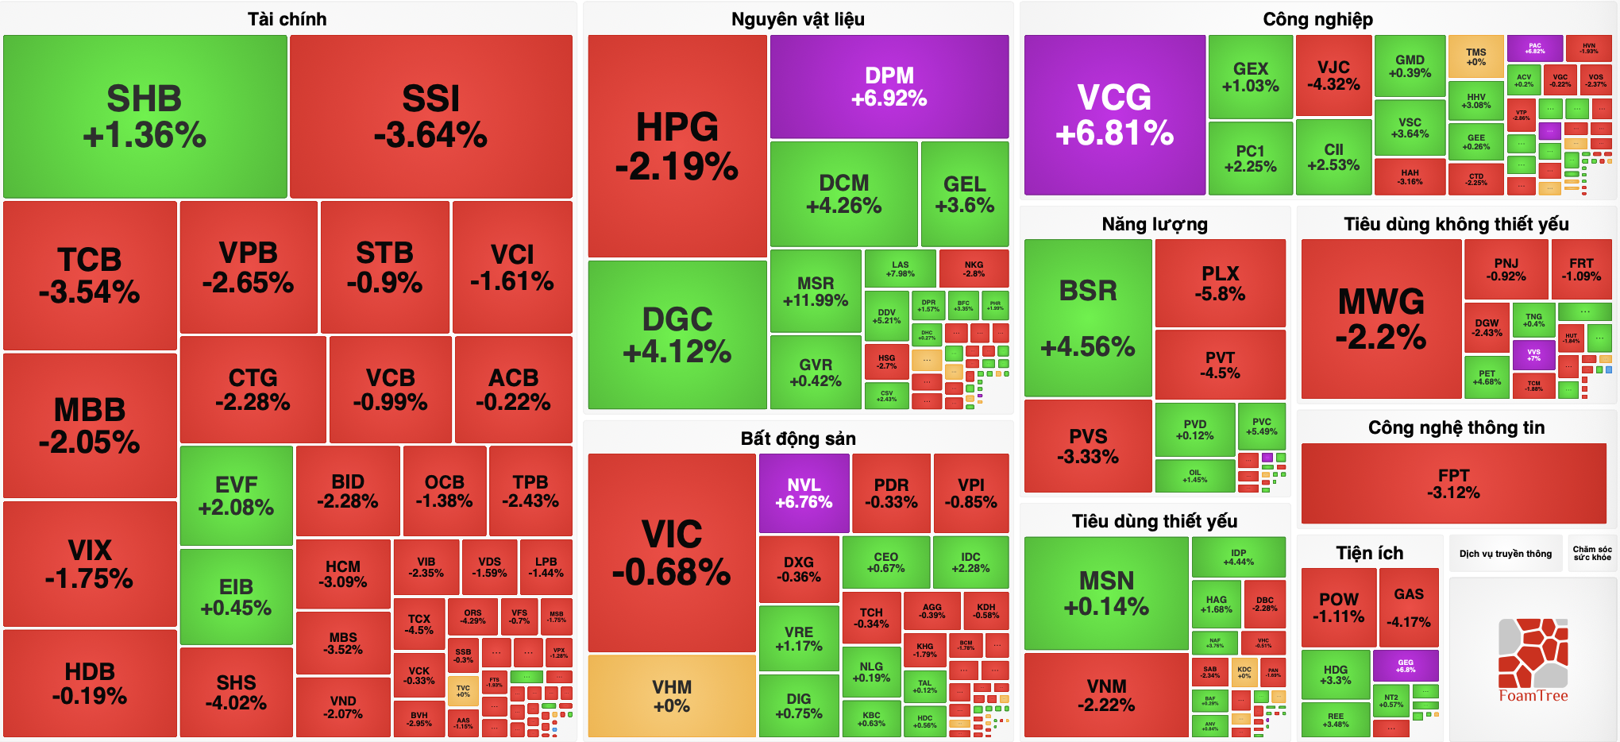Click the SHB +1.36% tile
pos(145,116)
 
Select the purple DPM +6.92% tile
pos(889,87)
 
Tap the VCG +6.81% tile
pos(1114,115)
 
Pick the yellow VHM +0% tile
pos(671,696)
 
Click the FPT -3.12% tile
pos(1453,484)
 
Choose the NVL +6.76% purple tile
pos(804,493)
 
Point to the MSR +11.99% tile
pos(816,291)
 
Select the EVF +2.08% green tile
pos(236,496)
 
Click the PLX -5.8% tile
pos(1220,283)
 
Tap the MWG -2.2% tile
pos(1381,318)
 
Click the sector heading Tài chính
pos(287,19)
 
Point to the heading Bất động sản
pos(798,439)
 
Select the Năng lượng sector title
pos(1155,224)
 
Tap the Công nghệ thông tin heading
pos(1456,427)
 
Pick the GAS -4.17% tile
pos(1409,607)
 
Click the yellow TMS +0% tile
pos(1475,56)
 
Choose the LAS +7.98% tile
pos(900,269)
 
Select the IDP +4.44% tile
pos(1238,557)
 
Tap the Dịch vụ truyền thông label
pos(1505,554)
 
